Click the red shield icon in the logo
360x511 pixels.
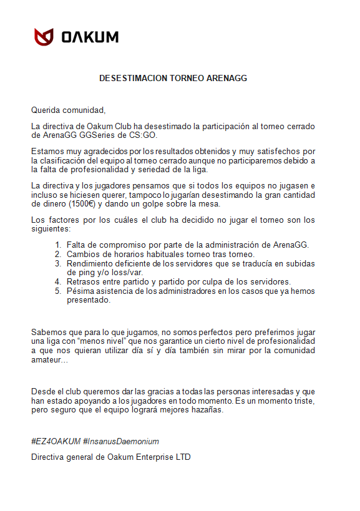[x=44, y=37]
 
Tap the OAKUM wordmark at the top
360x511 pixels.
[x=90, y=37]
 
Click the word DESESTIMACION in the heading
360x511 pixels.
[x=133, y=79]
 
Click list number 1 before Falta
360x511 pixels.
[x=58, y=245]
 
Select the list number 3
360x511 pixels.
[x=58, y=263]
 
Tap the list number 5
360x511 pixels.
[x=58, y=291]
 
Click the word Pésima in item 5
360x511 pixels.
[x=81, y=291]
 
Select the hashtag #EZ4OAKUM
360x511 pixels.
[x=56, y=441]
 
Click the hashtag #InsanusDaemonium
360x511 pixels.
[x=121, y=441]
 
